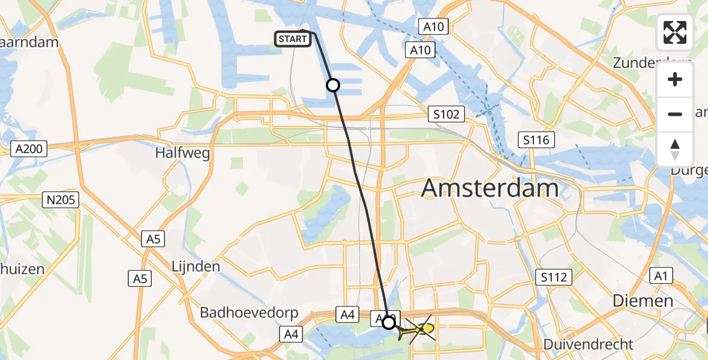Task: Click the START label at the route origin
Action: click(x=293, y=39)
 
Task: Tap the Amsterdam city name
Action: click(x=490, y=188)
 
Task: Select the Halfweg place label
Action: click(x=182, y=153)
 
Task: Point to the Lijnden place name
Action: click(x=196, y=266)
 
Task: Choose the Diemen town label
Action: click(x=643, y=301)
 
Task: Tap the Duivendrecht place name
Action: click(x=588, y=344)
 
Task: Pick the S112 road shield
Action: click(x=555, y=277)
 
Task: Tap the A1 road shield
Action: click(x=661, y=275)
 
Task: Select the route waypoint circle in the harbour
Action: click(x=332, y=85)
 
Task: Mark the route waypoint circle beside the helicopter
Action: click(x=389, y=323)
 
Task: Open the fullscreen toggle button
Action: click(x=675, y=32)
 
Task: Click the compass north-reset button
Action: click(x=675, y=148)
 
